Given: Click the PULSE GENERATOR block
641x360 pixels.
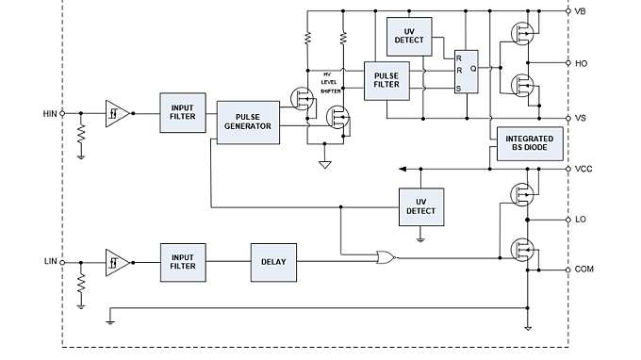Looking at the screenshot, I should tap(249, 122).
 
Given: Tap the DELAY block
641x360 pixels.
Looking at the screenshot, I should tap(273, 261).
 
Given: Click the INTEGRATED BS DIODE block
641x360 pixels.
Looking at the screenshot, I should tap(524, 144).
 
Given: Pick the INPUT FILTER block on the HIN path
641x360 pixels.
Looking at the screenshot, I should tap(182, 112).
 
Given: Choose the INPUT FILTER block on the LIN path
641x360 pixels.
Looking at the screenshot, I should tap(182, 261).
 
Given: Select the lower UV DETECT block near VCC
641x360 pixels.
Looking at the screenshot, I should tap(421, 206).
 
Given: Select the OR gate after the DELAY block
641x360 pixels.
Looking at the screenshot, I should tap(385, 256).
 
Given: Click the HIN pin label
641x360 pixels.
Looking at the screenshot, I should tap(50, 112).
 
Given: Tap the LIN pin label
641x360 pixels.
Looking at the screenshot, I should tap(51, 261).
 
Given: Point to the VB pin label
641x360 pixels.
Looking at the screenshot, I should tap(581, 10).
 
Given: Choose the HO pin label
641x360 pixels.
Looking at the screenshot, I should tap(581, 63).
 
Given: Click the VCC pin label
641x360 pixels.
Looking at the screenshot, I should tap(583, 169).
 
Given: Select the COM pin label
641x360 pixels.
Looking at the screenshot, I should tap(584, 270).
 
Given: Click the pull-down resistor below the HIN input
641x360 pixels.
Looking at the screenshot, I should tap(81, 138).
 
